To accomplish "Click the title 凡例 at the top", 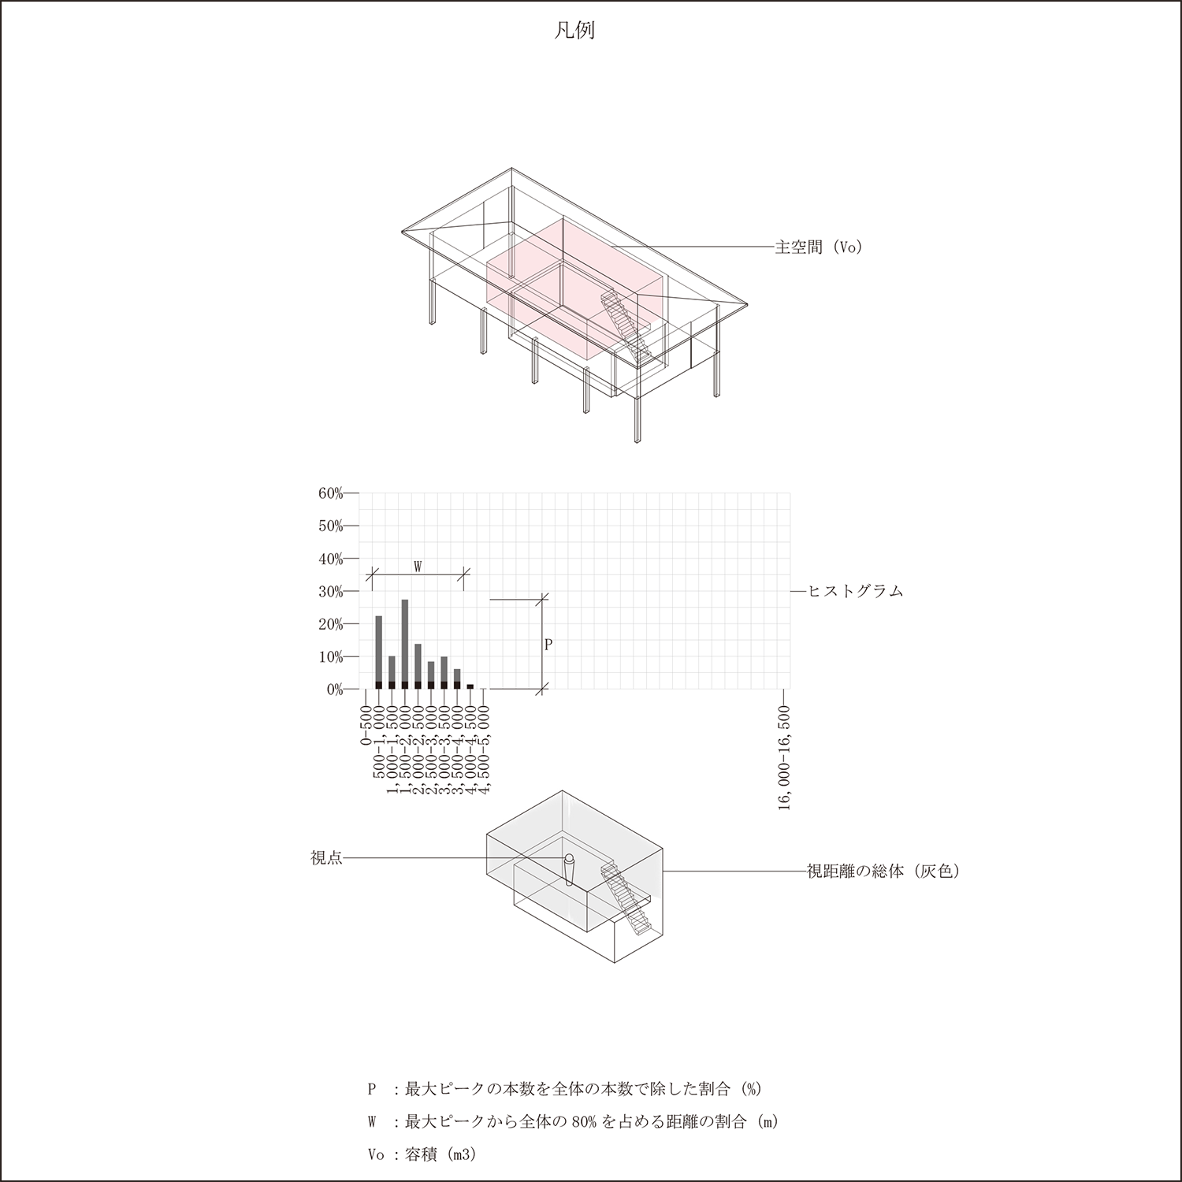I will tap(574, 31).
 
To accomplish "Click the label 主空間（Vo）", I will tap(819, 247).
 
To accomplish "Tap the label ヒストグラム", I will tap(856, 591).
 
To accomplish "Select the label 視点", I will tap(326, 858).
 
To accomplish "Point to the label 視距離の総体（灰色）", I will tap(883, 872).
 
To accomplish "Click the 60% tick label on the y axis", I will tap(330, 493).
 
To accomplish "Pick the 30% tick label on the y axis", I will tap(330, 592).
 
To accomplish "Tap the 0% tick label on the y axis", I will tap(333, 689).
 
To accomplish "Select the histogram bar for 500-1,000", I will tap(379, 652).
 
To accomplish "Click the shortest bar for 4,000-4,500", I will tap(470, 686).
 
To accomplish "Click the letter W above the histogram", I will tap(418, 567).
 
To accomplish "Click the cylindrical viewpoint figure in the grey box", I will tap(570, 871).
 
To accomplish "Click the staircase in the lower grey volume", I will tap(626, 898).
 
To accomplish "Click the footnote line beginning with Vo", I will tap(422, 1154).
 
